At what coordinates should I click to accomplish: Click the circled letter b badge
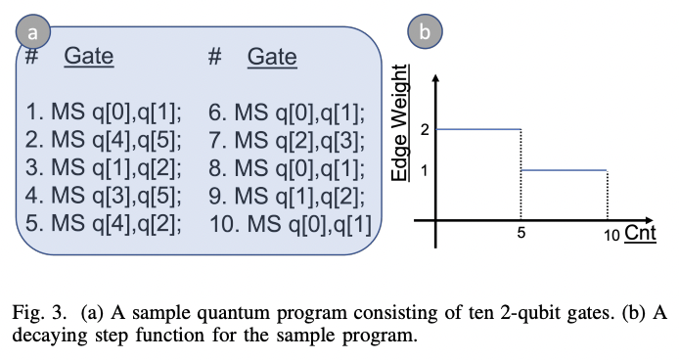click(424, 31)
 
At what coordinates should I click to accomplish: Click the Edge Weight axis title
click(399, 122)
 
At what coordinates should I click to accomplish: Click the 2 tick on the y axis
click(424, 128)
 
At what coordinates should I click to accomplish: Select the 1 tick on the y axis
click(424, 169)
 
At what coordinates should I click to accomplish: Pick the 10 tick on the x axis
click(609, 235)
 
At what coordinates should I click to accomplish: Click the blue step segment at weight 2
click(478, 128)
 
